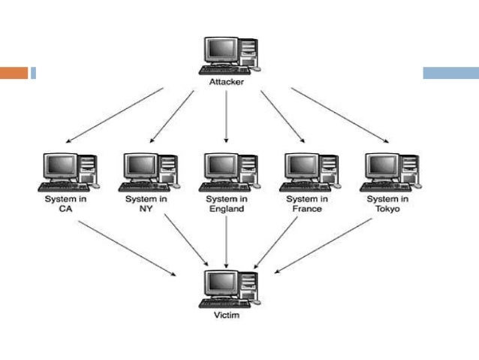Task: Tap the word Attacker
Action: (x=226, y=80)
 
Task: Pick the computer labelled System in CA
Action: (x=68, y=171)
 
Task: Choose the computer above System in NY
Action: (x=149, y=171)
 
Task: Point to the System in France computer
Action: (x=310, y=171)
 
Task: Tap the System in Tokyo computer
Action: (x=391, y=171)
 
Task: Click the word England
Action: (x=226, y=210)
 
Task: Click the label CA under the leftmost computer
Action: (x=64, y=210)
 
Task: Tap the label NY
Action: (x=145, y=210)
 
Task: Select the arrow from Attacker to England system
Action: (x=226, y=116)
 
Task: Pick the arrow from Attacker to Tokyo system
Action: (x=340, y=115)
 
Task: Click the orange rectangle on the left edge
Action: (x=14, y=73)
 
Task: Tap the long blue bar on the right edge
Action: (x=450, y=73)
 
